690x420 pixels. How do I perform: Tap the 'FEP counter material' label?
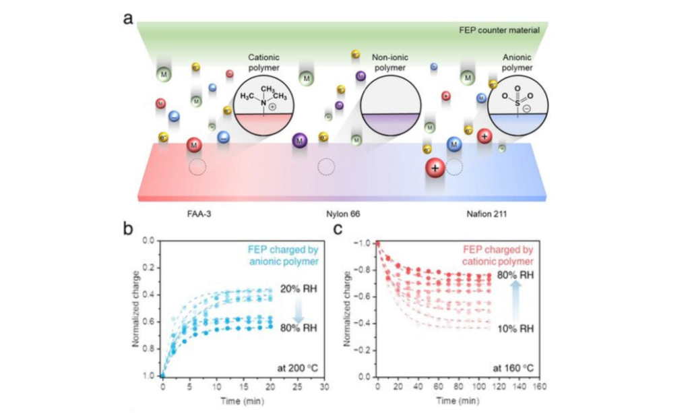point(507,30)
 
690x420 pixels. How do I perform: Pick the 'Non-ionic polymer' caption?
point(389,63)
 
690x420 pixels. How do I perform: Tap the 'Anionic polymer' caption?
point(517,63)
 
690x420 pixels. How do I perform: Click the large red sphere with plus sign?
point(435,169)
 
